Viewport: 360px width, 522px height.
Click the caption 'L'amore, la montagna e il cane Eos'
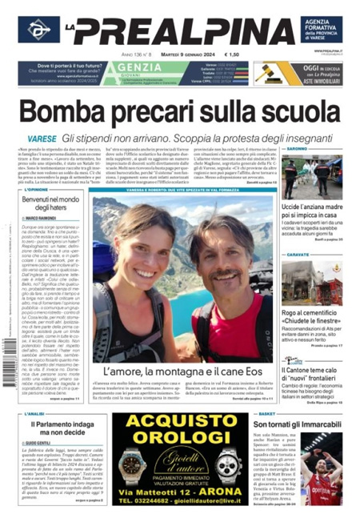pyautogui.click(x=183, y=372)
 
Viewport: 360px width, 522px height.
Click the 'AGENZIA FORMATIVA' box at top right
pyautogui.click(x=321, y=30)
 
